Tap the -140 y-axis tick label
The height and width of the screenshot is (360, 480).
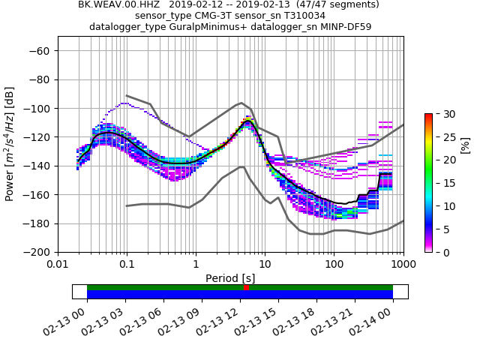click(39, 166)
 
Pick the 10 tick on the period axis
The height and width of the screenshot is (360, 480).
click(265, 252)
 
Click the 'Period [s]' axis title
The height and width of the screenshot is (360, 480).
click(230, 277)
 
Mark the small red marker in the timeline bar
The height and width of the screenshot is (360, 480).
click(246, 287)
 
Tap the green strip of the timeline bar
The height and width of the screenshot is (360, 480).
click(165, 287)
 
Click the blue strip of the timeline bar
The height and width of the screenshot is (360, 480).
click(165, 295)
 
